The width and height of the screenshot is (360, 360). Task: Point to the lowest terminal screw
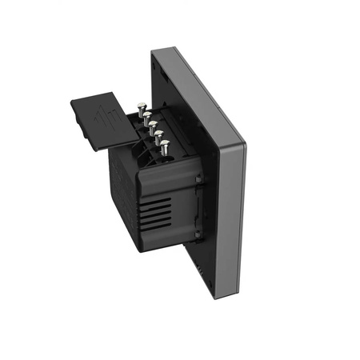166,146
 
